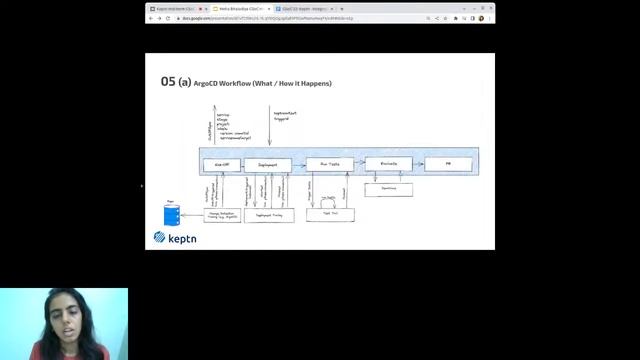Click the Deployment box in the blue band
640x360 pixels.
[x=267, y=164]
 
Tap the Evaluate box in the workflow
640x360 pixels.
[x=388, y=164]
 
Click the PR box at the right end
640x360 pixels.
[x=448, y=164]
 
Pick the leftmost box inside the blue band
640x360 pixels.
[x=221, y=164]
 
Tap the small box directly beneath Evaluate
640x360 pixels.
[x=388, y=189]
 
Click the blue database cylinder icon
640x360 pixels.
[x=168, y=215]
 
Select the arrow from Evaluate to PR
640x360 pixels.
[x=418, y=164]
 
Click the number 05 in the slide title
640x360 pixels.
[x=167, y=82]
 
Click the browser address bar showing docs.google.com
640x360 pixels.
[x=300, y=18]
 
